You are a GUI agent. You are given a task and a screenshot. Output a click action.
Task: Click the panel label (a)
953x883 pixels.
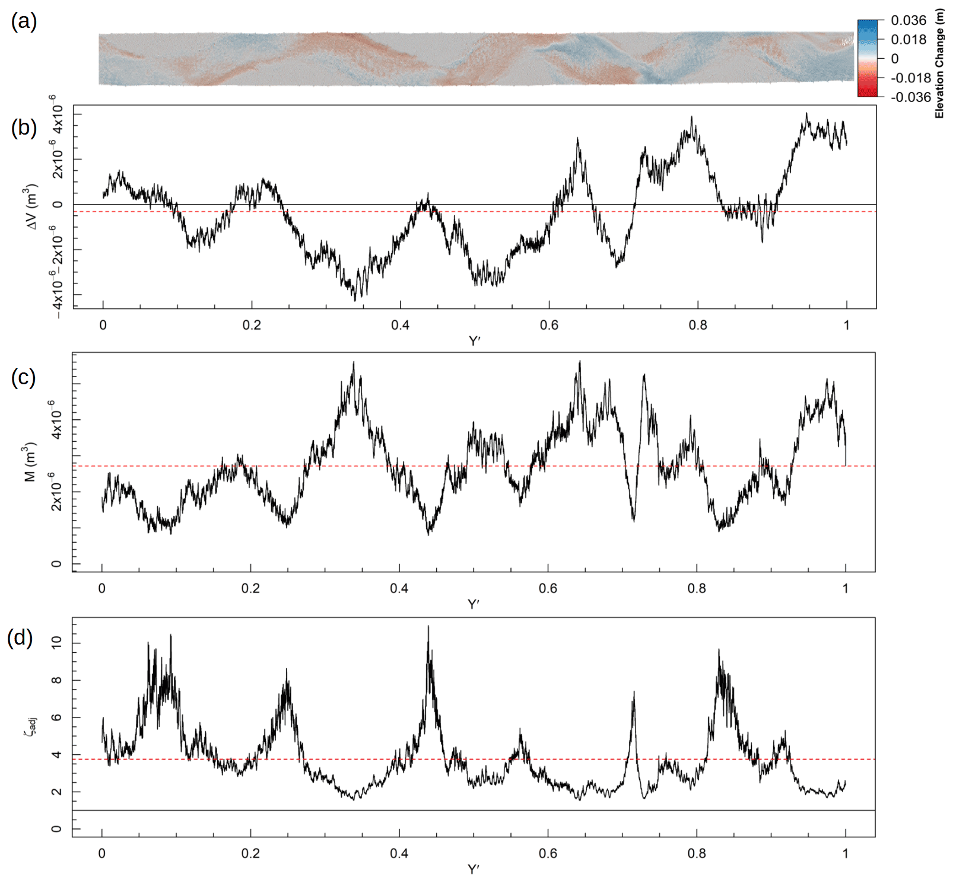point(24,22)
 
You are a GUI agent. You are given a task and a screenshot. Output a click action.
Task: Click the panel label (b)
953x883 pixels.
point(24,127)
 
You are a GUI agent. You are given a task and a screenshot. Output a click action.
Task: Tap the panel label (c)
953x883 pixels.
point(24,377)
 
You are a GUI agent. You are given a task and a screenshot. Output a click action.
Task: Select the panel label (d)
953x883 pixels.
point(20,637)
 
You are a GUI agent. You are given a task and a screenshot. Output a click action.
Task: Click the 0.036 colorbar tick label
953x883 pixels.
point(908,21)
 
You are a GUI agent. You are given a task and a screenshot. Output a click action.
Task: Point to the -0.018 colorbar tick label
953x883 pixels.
point(911,78)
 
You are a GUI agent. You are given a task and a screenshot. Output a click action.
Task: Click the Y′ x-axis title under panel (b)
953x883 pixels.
point(474,341)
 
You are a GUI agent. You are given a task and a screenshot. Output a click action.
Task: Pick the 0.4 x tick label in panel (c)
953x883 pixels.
point(399,588)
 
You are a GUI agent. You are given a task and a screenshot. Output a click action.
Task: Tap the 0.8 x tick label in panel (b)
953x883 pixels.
point(698,325)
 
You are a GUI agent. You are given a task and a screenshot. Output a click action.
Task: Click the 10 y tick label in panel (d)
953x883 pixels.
point(56,642)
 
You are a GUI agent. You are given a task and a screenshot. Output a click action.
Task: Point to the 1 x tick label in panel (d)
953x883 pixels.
point(845,853)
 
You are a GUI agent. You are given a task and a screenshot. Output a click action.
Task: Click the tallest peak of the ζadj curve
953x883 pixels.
point(428,626)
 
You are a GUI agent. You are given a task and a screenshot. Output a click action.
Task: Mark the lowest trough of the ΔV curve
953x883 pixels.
point(355,301)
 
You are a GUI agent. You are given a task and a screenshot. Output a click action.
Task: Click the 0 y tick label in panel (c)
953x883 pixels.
point(56,564)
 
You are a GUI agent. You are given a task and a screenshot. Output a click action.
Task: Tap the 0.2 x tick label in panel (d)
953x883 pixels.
point(250,853)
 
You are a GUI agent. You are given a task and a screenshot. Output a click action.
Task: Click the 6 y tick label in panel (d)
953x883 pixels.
point(56,718)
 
